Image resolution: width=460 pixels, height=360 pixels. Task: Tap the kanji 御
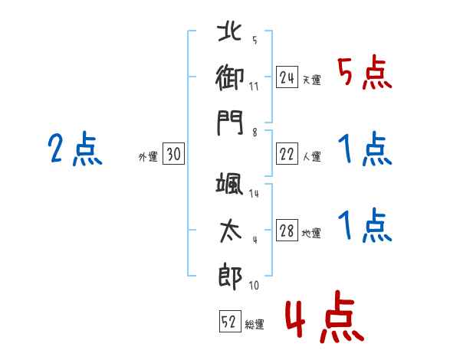[x=230, y=77]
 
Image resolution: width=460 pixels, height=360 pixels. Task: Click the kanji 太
[x=230, y=230]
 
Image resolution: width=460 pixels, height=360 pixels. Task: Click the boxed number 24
[x=287, y=77]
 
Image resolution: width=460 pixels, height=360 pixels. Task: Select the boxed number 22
[x=287, y=154]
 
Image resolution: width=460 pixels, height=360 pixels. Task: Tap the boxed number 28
[x=287, y=231]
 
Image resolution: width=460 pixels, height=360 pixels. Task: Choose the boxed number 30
[x=173, y=154]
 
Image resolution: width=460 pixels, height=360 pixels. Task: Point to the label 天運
[x=311, y=80]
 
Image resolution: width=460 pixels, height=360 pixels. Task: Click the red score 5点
[x=364, y=74]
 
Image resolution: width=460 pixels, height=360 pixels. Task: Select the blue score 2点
[x=74, y=149]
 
